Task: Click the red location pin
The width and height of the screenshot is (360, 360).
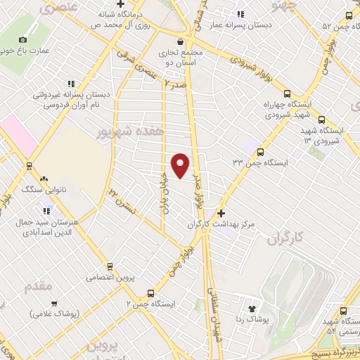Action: point(181,165)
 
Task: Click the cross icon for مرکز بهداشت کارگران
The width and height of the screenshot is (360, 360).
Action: point(221,212)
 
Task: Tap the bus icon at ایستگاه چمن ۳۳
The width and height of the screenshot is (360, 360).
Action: point(260,151)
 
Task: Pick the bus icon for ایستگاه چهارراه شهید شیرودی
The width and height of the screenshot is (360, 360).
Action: point(286,94)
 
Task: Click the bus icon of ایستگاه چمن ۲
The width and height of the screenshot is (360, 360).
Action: point(150,292)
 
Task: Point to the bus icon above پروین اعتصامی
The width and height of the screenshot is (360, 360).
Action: point(109,266)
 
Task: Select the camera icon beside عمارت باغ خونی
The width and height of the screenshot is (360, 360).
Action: point(23,40)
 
